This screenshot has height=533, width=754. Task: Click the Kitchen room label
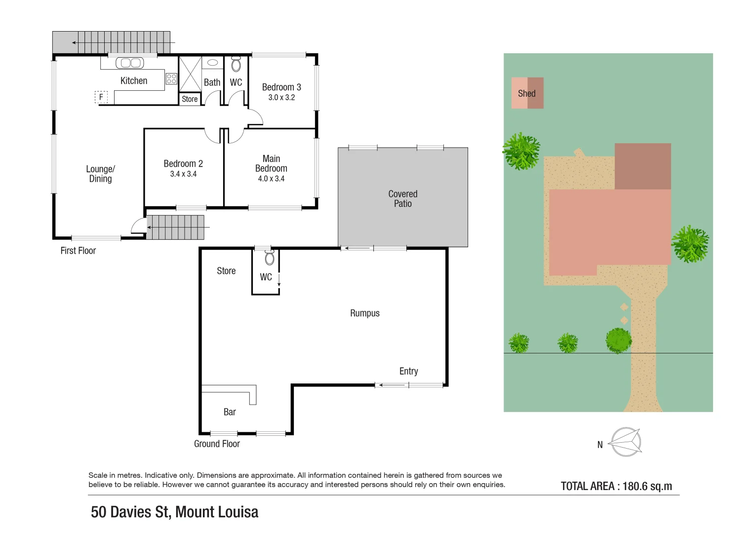(134, 81)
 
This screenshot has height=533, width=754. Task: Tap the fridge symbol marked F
(101, 97)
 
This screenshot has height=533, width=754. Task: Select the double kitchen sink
(130, 63)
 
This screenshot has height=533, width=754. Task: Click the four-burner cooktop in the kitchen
(171, 78)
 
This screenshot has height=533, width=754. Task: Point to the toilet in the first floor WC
(236, 64)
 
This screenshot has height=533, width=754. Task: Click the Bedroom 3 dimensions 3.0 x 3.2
(281, 98)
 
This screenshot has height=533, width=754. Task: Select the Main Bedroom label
(271, 163)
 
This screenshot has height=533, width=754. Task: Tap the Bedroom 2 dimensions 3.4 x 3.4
(183, 174)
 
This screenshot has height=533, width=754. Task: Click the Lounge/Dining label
(100, 174)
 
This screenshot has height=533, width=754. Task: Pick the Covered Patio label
(402, 198)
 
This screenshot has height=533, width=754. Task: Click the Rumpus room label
(364, 313)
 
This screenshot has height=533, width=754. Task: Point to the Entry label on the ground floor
(408, 371)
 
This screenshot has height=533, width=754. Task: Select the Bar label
(230, 412)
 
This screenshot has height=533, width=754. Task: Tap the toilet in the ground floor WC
(270, 258)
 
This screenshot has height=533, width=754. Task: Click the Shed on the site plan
(527, 93)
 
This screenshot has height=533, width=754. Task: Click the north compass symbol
(626, 442)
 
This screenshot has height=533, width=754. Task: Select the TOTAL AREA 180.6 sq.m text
(616, 486)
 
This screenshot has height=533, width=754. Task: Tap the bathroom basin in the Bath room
(213, 63)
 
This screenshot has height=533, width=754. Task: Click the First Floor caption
(78, 251)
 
